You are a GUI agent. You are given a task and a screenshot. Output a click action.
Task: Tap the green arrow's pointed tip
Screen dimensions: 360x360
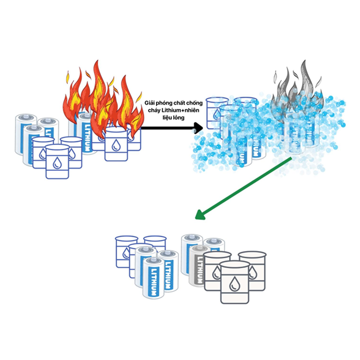pos(195,218)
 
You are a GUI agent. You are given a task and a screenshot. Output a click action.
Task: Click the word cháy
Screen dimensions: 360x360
pos(154,110)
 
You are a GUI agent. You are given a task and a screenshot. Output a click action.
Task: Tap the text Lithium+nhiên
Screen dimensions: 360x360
pos(180,110)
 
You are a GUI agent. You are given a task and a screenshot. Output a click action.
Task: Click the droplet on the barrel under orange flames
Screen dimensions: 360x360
pos(115,145)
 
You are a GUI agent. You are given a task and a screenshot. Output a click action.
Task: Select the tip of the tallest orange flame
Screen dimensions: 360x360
pos(97,61)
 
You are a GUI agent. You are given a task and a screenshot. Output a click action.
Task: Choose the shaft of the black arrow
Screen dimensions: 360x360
pos(168,128)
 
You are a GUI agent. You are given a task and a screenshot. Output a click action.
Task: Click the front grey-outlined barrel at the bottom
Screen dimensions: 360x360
pos(234,282)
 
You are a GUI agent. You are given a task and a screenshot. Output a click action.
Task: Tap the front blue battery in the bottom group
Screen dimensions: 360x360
pos(153,278)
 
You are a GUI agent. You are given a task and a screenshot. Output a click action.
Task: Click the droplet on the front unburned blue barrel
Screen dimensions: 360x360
pos(57,163)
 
